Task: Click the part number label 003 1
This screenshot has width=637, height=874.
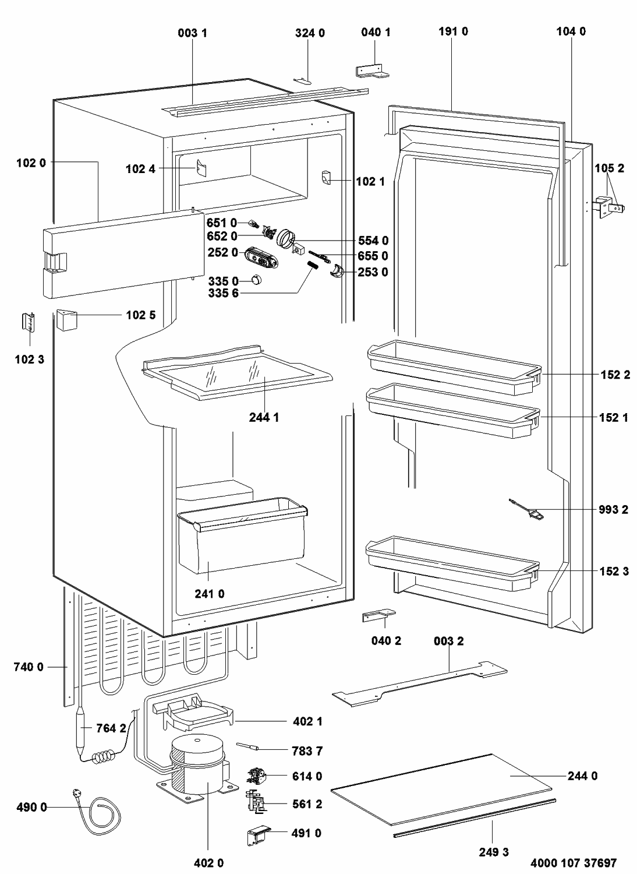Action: pyautogui.click(x=192, y=33)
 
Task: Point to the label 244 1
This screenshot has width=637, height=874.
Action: pyautogui.click(x=264, y=417)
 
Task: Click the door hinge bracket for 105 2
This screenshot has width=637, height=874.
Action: pyautogui.click(x=608, y=207)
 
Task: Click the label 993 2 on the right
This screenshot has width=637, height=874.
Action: pyautogui.click(x=613, y=509)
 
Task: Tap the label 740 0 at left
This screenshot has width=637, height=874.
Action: pyautogui.click(x=29, y=667)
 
